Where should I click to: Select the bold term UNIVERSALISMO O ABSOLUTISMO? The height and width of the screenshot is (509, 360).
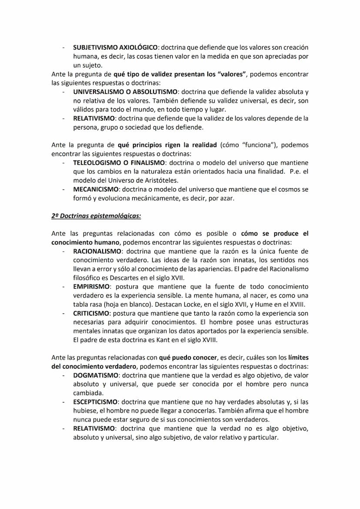pos(125,92)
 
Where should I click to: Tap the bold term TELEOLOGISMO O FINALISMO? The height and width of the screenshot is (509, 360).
pos(116,163)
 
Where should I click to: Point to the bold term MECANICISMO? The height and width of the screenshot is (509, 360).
pos(96,189)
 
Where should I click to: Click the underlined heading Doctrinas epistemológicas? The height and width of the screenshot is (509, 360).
pos(96,216)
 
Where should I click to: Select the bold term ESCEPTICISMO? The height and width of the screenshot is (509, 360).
pos(96,402)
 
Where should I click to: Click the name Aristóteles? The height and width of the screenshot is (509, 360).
pos(157,180)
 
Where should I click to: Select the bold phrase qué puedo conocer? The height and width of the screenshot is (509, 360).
pos(188,358)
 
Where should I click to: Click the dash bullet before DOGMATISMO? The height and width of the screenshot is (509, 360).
pos(63,376)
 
